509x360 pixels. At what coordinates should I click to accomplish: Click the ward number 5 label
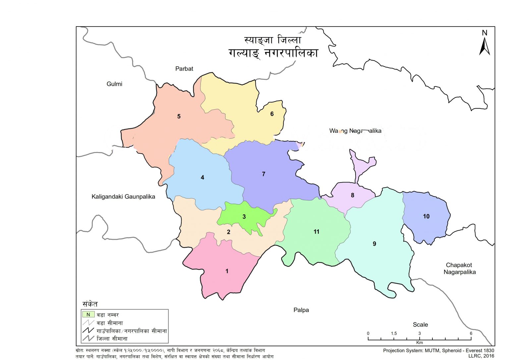tap(179, 116)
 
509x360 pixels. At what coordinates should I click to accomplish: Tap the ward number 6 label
tap(272, 114)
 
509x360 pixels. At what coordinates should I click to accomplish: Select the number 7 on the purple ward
tap(263, 174)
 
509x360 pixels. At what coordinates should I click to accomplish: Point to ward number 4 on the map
tap(202, 178)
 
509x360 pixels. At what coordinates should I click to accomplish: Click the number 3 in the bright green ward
tap(244, 217)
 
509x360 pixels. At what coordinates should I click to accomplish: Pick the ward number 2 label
tap(228, 232)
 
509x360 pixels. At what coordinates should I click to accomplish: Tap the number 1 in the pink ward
tap(227, 271)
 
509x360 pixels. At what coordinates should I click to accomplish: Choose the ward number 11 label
tap(316, 231)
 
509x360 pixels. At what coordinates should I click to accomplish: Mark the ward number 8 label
tap(353, 195)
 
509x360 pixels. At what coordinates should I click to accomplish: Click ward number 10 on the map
tap(426, 216)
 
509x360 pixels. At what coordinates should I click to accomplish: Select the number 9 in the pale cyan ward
tap(374, 244)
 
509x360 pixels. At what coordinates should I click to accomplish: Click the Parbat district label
tap(184, 69)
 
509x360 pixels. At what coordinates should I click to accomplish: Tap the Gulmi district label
tap(114, 84)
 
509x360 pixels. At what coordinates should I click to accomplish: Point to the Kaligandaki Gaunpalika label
tap(123, 196)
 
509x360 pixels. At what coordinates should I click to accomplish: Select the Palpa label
tap(301, 310)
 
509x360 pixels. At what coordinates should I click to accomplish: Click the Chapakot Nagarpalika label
tap(459, 268)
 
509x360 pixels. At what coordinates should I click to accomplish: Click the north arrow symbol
tap(484, 46)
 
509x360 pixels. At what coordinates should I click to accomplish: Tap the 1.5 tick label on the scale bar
tap(394, 333)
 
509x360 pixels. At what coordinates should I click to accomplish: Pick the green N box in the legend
tap(88, 314)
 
